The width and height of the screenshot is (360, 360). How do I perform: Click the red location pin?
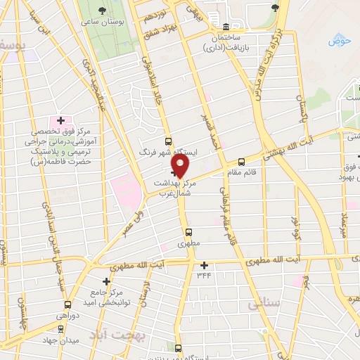(x=181, y=165)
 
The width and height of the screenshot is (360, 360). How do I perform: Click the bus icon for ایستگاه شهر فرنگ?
(x=167, y=141)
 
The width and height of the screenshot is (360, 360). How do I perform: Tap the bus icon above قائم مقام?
(x=241, y=161)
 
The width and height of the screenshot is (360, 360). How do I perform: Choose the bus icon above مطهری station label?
(x=188, y=231)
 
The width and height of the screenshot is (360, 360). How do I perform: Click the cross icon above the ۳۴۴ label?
(x=205, y=265)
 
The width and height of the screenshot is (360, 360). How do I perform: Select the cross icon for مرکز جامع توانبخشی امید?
(x=106, y=281)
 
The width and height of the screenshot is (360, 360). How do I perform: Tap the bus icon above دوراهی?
(x=67, y=304)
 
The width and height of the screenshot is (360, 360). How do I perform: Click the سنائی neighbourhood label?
(x=264, y=304)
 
